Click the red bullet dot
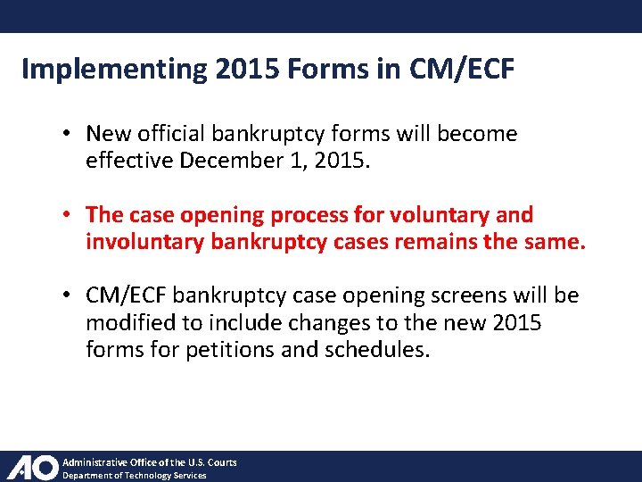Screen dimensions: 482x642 point(68,215)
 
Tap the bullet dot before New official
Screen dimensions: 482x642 point(68,135)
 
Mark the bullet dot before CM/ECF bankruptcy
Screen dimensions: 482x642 point(68,295)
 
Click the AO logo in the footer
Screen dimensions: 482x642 point(32,467)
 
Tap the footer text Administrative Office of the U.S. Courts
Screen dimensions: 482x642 point(149,461)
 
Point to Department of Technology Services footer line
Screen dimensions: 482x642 point(134,475)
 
